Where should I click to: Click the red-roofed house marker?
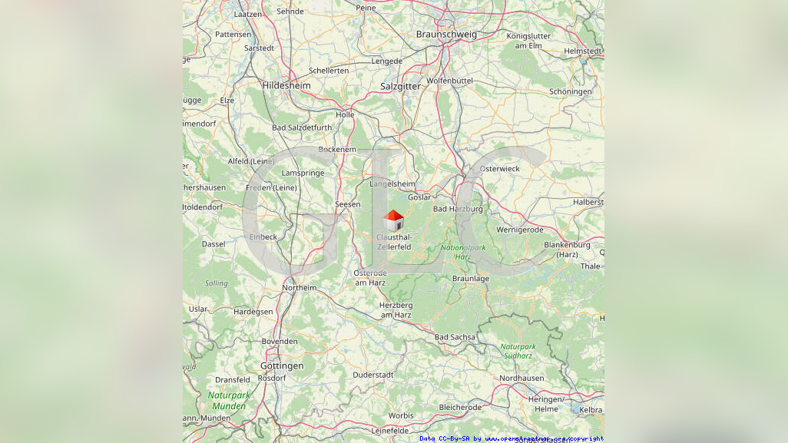393,220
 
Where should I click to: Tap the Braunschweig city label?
446,35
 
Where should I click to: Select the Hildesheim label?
286,86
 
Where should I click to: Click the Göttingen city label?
282,366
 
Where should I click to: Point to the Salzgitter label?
400,87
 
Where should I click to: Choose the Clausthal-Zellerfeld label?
394,242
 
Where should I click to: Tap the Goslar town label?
419,197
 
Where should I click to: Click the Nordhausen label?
521,379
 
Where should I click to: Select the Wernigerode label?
520,230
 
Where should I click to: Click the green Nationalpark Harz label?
463,252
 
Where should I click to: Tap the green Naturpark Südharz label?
518,351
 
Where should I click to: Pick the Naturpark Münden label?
229,401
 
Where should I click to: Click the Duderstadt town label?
372,375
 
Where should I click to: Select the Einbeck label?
263,237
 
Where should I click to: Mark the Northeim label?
299,288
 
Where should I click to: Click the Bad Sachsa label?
455,337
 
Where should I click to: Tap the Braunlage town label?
471,279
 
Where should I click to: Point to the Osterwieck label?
499,169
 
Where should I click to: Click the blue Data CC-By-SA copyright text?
512,438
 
